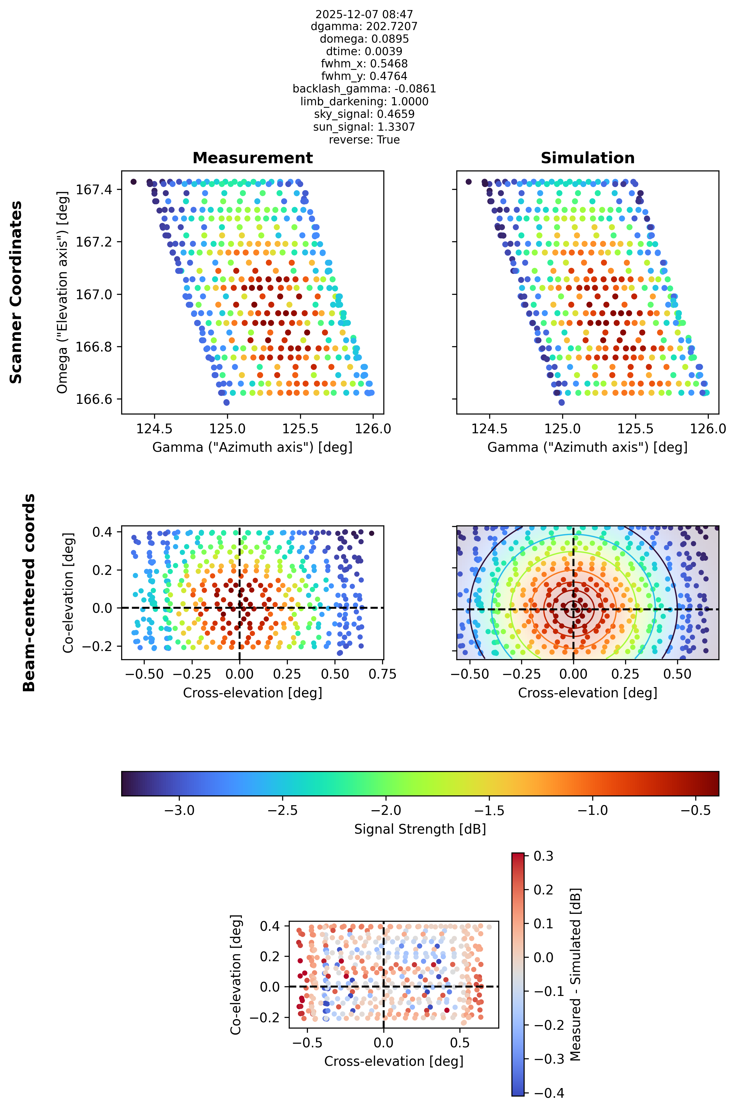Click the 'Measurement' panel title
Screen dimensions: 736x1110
click(252, 158)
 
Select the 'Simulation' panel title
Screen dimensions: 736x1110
click(588, 158)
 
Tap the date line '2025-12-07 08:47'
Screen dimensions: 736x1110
click(364, 14)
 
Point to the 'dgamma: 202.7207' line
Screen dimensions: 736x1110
click(364, 26)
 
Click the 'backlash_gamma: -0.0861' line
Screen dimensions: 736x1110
click(364, 89)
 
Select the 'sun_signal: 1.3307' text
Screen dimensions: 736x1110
click(364, 127)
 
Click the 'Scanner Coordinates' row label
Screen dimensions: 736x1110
click(16, 292)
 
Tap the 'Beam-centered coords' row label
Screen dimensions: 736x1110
click(29, 592)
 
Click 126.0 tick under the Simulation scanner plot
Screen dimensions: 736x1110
click(707, 428)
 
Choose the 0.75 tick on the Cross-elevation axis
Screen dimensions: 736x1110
click(382, 674)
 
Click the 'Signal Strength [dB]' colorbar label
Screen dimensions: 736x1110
click(420, 829)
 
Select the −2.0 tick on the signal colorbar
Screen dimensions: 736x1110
click(386, 810)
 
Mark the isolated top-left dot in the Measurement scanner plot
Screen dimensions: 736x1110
click(133, 182)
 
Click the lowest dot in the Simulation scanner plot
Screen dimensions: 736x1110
click(561, 402)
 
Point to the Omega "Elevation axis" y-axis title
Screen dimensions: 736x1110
click(62, 292)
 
